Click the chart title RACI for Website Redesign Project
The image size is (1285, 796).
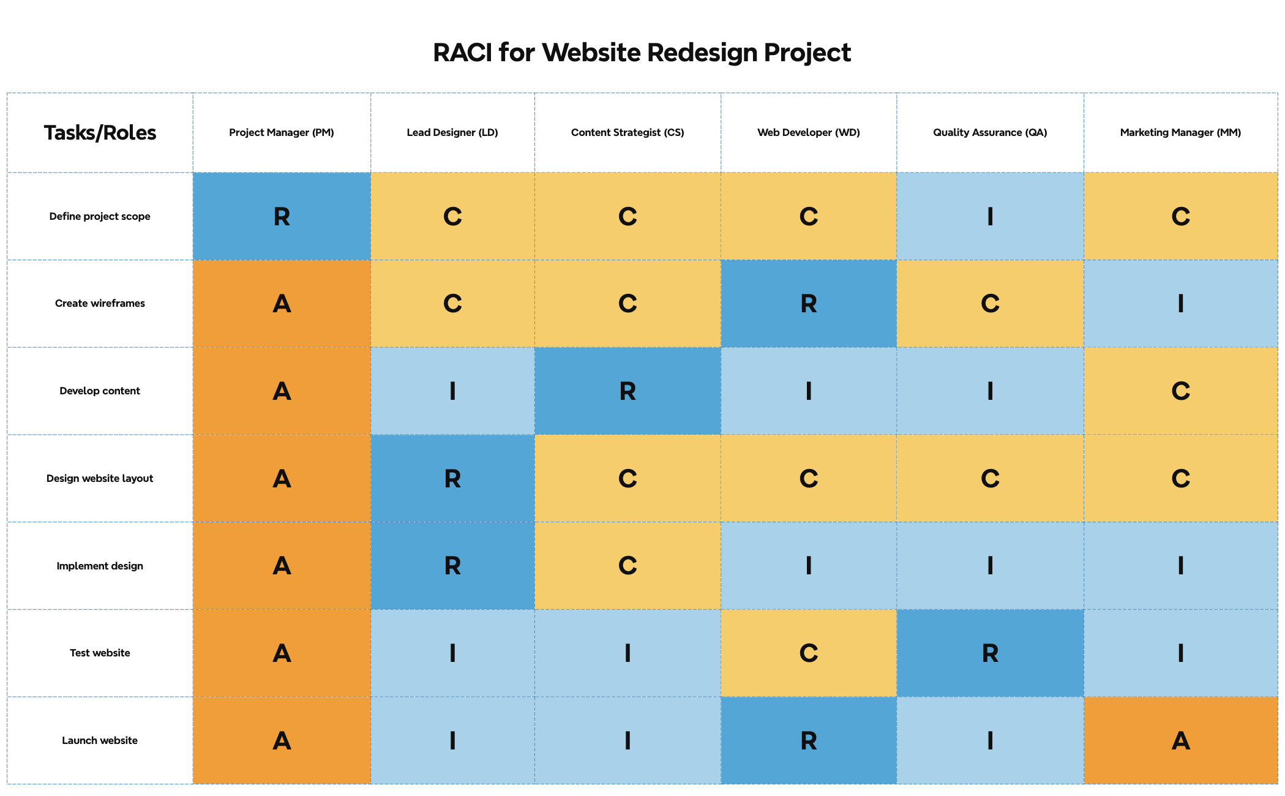[642, 53]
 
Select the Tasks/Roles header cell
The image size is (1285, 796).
[100, 133]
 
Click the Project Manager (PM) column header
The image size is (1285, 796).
[282, 133]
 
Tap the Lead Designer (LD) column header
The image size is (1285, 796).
[452, 133]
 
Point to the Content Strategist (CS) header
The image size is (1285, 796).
[628, 133]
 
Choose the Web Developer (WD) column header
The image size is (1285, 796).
[809, 133]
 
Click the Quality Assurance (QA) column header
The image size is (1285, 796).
[990, 133]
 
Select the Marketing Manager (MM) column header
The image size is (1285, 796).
[1180, 133]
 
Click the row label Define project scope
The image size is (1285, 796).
[100, 216]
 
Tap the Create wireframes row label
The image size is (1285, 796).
[100, 304]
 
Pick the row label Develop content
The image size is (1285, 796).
[100, 391]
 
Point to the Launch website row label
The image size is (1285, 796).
[100, 741]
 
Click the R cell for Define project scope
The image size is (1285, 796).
[282, 216]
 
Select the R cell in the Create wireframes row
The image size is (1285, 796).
[809, 304]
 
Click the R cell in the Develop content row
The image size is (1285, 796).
[628, 391]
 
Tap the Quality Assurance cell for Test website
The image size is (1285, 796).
[990, 653]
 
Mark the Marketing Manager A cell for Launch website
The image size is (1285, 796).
[1180, 741]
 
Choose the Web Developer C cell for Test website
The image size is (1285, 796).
[809, 653]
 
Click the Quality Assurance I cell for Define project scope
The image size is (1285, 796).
[990, 216]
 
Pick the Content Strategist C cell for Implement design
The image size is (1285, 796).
[628, 566]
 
